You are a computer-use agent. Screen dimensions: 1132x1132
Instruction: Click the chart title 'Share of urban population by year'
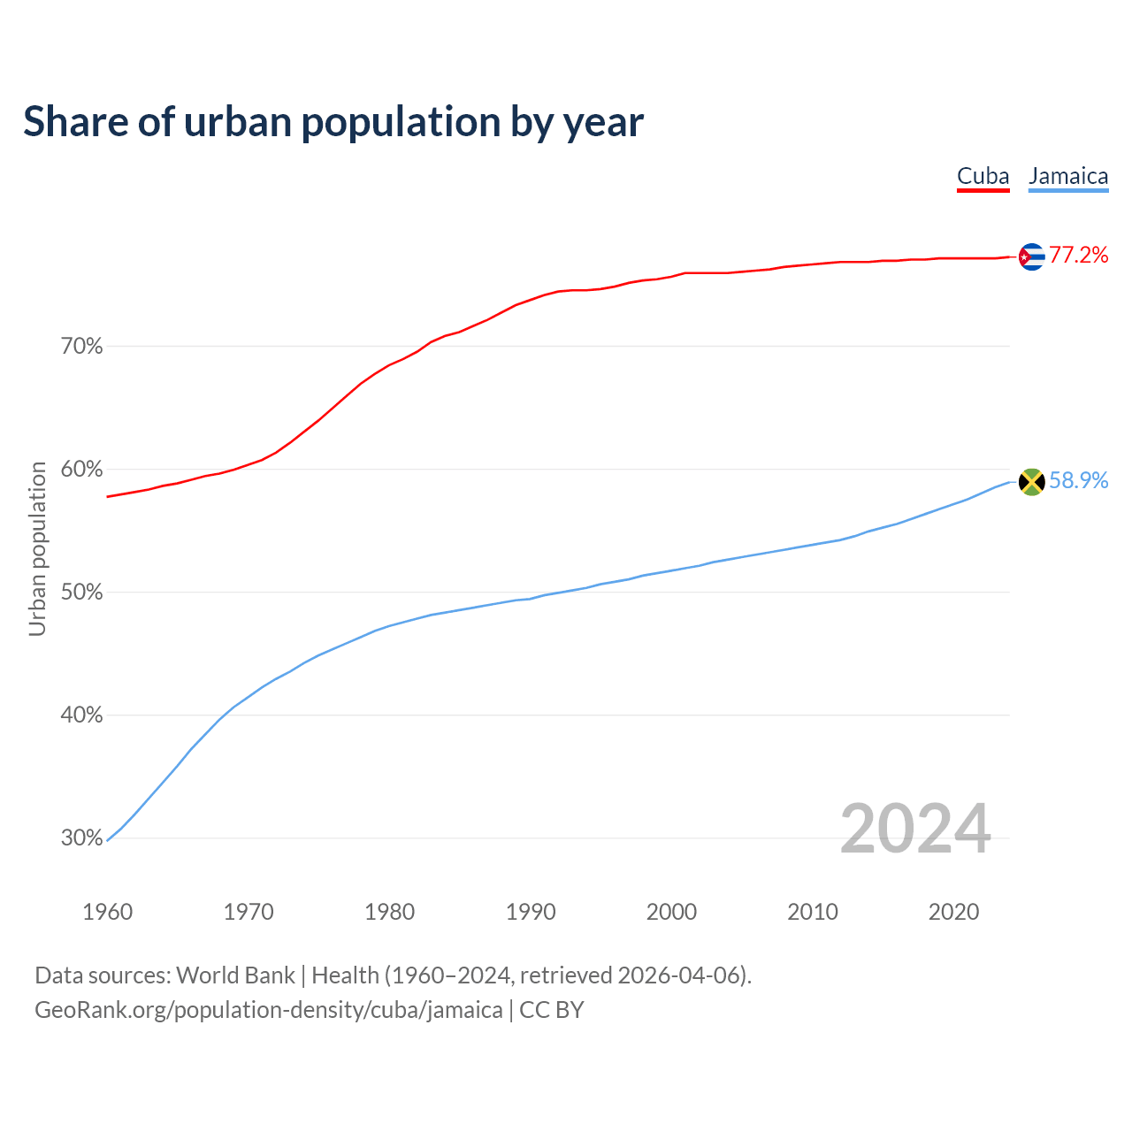pyautogui.click(x=333, y=122)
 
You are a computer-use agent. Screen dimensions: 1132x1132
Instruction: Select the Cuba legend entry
pyautogui.click(x=983, y=176)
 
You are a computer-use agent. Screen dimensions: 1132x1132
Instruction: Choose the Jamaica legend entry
pyautogui.click(x=1068, y=176)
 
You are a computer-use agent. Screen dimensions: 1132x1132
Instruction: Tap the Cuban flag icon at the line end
pyautogui.click(x=1031, y=256)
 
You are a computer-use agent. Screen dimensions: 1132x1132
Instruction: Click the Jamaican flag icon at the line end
pyautogui.click(x=1031, y=482)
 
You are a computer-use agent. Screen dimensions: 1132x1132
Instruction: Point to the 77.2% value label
pyautogui.click(x=1079, y=256)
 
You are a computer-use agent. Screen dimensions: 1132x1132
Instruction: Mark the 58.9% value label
pyautogui.click(x=1079, y=480)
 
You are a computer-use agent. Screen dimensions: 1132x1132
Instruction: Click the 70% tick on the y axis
pyautogui.click(x=82, y=347)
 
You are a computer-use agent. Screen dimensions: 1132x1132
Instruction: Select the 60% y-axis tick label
pyautogui.click(x=82, y=470)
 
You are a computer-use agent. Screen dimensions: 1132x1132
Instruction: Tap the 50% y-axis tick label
pyautogui.click(x=82, y=593)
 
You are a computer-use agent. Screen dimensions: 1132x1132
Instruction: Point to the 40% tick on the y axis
pyautogui.click(x=82, y=715)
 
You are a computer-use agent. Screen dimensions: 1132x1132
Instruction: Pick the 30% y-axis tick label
pyautogui.click(x=82, y=838)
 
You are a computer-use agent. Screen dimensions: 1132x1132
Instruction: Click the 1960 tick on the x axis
pyautogui.click(x=107, y=912)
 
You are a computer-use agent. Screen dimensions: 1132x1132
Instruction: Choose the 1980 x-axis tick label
pyautogui.click(x=389, y=912)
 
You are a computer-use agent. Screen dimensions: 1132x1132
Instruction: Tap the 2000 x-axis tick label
pyautogui.click(x=671, y=912)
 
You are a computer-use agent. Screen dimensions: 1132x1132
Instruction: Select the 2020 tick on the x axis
pyautogui.click(x=953, y=912)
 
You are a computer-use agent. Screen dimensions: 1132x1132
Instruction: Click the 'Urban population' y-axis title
pyautogui.click(x=37, y=548)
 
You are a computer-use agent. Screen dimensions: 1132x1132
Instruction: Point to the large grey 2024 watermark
pyautogui.click(x=915, y=829)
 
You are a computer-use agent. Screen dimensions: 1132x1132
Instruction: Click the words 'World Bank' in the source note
pyautogui.click(x=235, y=975)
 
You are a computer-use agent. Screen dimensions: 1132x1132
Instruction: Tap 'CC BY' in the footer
pyautogui.click(x=552, y=1010)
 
